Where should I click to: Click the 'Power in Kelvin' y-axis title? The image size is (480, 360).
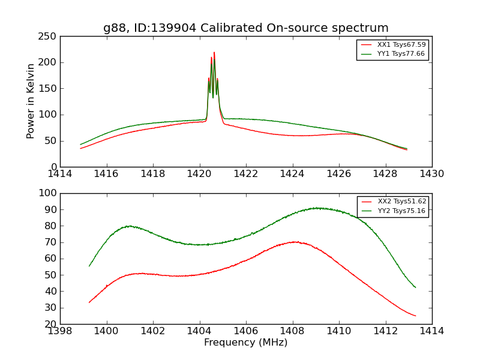coord(31,101)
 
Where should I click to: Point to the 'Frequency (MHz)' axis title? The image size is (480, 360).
coord(245,343)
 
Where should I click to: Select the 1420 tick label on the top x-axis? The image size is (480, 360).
coord(199,174)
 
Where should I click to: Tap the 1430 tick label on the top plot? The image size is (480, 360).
coord(431,174)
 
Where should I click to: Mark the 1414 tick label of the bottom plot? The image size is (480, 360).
coord(431,331)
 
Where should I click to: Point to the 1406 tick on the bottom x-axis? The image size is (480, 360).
coord(245,331)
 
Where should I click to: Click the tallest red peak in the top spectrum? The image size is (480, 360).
coord(214,53)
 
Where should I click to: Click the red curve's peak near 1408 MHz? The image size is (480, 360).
coord(294,242)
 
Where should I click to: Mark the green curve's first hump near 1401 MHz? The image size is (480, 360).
coord(128,226)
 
